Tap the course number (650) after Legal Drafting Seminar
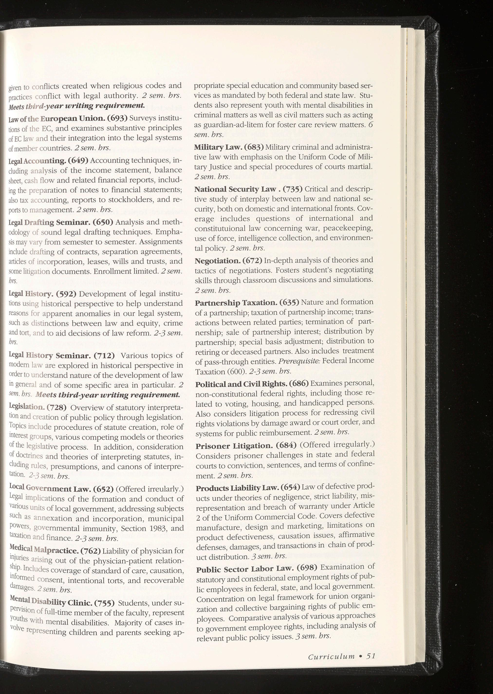103,222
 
